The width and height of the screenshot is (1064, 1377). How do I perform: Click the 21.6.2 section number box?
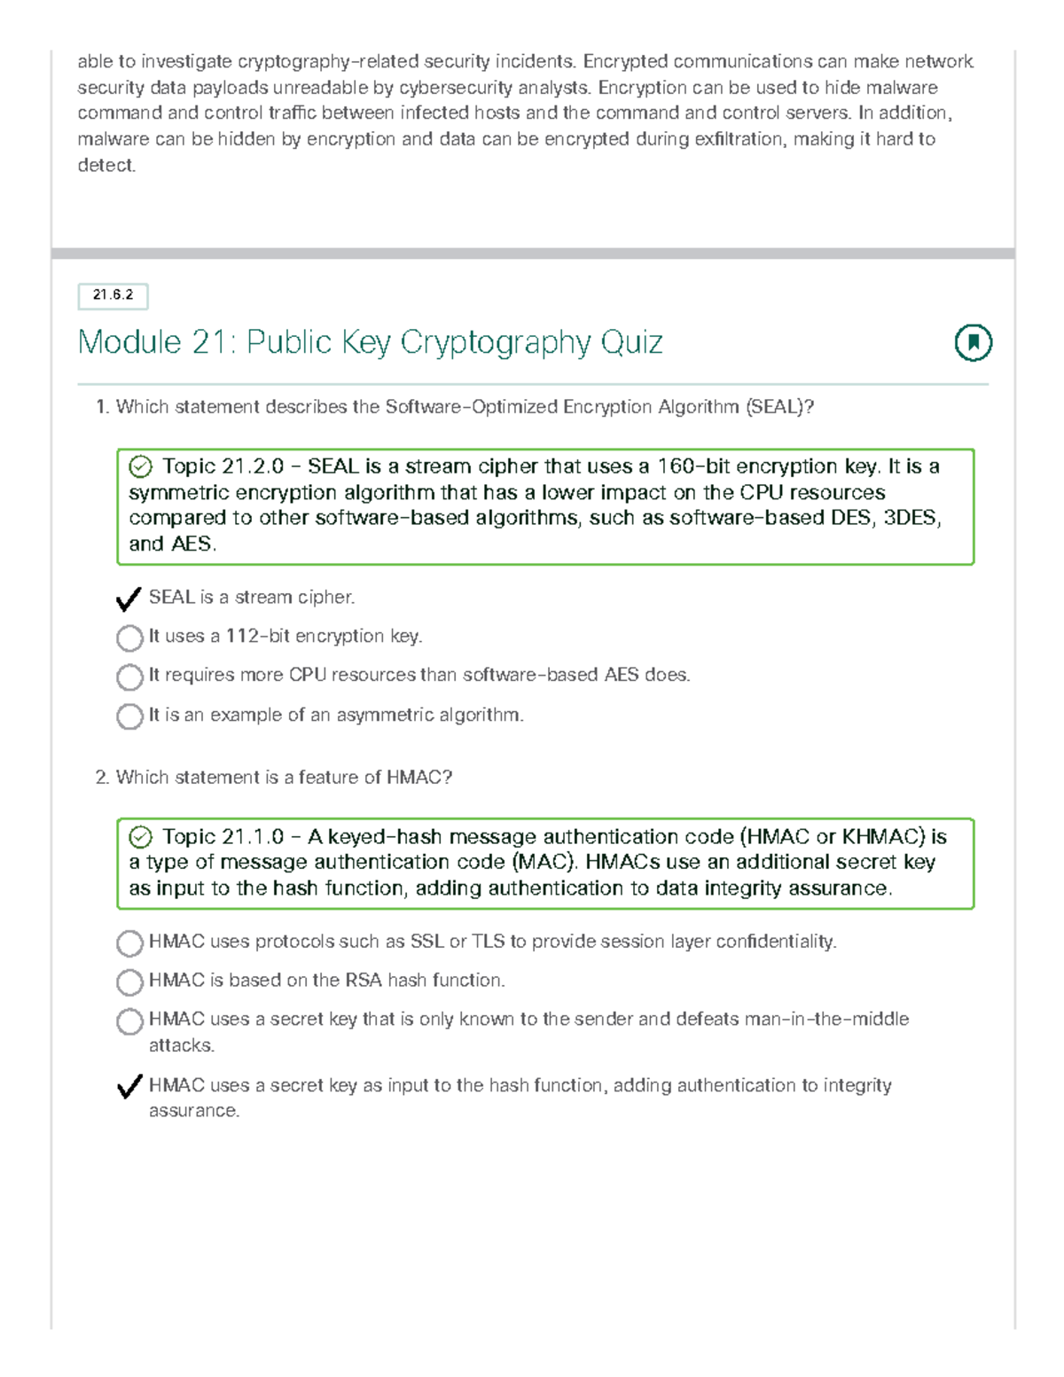[x=113, y=296]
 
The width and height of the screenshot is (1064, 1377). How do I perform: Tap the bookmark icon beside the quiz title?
[x=973, y=342]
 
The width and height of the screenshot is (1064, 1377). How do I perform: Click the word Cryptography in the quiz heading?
[x=496, y=343]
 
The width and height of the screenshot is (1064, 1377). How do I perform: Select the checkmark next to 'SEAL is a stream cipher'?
[x=129, y=599]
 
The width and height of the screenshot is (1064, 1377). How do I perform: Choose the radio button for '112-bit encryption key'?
[x=130, y=638]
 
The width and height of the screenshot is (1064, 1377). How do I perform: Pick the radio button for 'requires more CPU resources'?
[x=130, y=677]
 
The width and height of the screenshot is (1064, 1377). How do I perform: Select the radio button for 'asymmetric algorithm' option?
[x=130, y=716]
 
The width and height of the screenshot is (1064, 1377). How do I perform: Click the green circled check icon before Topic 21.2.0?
[x=141, y=467]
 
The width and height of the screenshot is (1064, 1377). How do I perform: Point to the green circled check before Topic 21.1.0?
[x=141, y=837]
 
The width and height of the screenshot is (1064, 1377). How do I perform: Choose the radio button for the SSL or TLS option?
[x=130, y=943]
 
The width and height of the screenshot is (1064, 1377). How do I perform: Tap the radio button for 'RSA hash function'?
[x=130, y=982]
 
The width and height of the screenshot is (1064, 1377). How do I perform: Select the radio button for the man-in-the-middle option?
[x=130, y=1021]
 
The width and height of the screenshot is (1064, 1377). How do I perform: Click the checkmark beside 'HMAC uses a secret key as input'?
[x=130, y=1086]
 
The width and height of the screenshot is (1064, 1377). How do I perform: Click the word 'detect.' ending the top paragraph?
[x=106, y=166]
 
